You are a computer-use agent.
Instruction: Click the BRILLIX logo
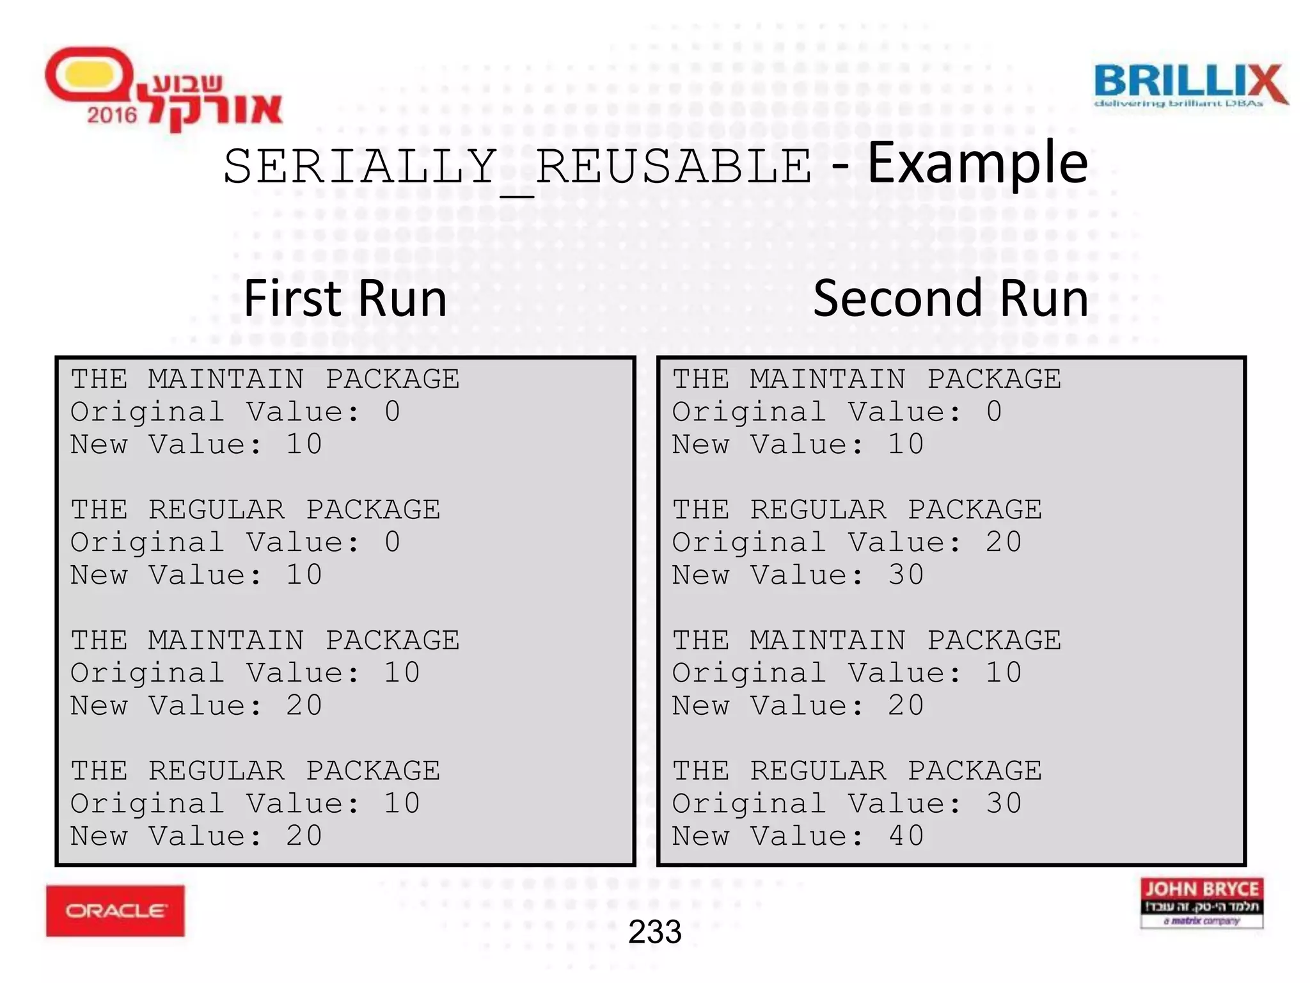click(1190, 85)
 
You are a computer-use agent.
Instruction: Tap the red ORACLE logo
click(115, 910)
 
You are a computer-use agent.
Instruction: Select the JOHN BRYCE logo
click(1201, 902)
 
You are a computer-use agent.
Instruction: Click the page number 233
click(654, 932)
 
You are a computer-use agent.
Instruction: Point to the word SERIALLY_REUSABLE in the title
click(517, 168)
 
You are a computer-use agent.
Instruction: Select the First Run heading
click(345, 299)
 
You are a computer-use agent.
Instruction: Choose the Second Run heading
click(951, 299)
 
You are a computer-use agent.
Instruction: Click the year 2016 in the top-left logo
click(112, 115)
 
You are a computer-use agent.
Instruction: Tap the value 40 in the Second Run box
click(906, 836)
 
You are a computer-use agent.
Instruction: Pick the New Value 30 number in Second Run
click(906, 575)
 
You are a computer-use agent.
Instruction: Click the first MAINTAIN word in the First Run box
click(226, 380)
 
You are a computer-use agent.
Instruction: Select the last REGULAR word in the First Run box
click(216, 771)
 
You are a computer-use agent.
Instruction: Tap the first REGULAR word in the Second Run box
click(818, 510)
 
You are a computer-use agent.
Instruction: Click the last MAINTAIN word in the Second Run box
click(828, 641)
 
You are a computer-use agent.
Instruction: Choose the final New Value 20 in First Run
click(304, 836)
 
